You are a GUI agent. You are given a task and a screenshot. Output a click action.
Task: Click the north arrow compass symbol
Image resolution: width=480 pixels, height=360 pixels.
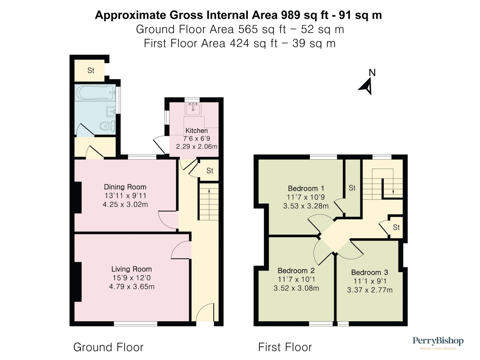point(367,86)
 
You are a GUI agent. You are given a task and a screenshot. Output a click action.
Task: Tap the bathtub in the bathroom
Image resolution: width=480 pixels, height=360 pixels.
point(95,92)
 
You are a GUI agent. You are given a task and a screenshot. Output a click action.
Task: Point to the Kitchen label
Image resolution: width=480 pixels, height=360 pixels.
point(196,130)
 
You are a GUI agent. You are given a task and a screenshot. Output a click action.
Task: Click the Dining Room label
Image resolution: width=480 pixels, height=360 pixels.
point(125,187)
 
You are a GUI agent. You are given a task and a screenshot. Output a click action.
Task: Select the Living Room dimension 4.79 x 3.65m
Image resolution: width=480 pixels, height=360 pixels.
point(132,286)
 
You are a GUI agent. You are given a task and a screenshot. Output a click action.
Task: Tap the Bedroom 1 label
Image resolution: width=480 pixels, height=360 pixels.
point(306,188)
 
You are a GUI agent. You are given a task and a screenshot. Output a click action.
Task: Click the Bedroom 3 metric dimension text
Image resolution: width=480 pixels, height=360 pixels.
point(370,290)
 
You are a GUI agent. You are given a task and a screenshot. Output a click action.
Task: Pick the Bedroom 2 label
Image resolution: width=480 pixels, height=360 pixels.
point(296,271)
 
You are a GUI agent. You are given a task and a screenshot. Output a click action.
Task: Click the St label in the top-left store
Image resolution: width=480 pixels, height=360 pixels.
point(91,70)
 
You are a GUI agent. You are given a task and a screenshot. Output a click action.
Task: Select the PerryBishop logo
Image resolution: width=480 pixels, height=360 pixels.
point(438,342)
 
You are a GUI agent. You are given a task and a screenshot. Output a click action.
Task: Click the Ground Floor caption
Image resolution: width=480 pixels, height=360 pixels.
point(108,347)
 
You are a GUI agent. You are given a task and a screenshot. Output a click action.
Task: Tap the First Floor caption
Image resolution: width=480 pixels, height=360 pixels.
point(285,347)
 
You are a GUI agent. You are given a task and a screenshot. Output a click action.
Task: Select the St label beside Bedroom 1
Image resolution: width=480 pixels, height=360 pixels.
point(352,188)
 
